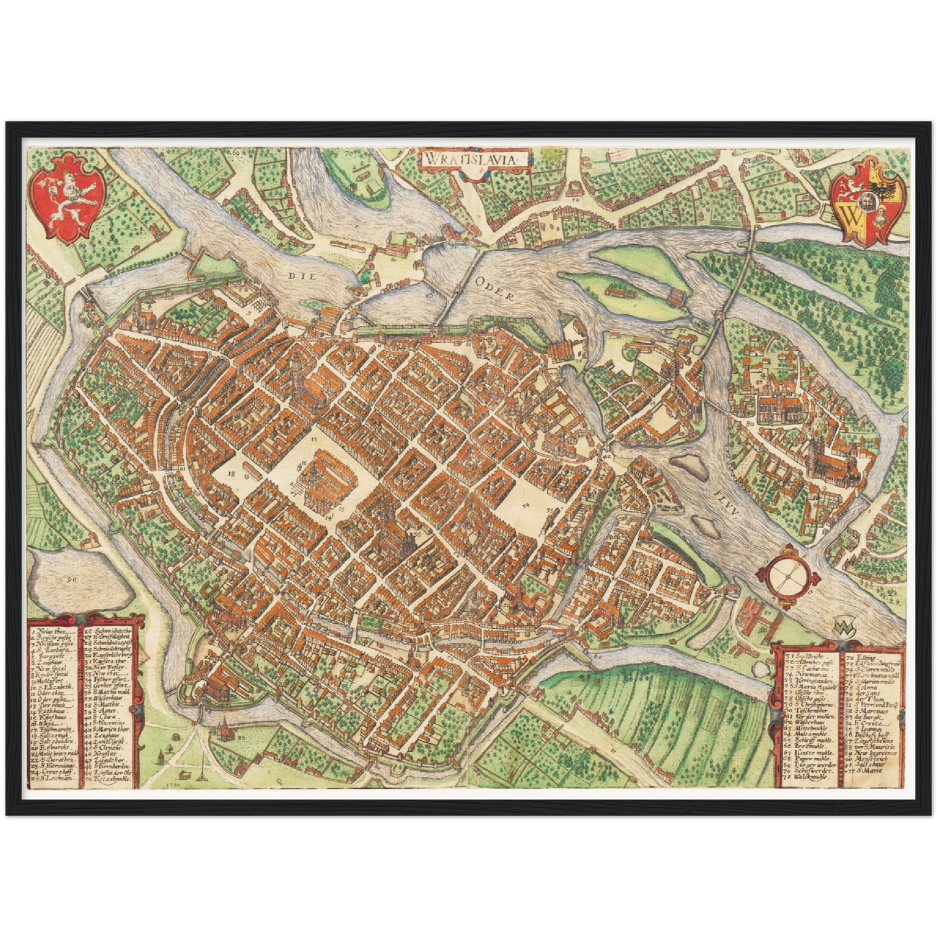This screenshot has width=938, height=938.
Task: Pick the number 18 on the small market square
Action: point(231,475)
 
